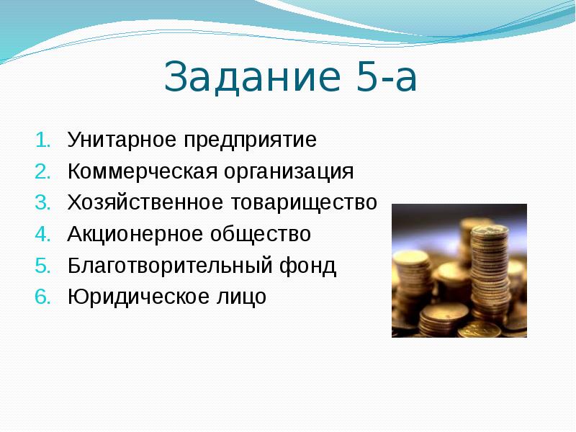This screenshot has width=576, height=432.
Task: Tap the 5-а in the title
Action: tap(387, 78)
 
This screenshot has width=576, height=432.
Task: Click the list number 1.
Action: tap(42, 140)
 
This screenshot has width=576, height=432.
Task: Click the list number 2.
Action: tap(42, 171)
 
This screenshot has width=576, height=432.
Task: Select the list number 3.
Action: tap(42, 203)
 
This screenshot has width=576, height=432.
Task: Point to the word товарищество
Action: tap(303, 203)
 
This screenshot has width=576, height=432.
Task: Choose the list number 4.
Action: tap(42, 234)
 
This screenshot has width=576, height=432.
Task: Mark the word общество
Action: tap(259, 235)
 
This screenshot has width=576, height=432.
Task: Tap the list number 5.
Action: tap(42, 266)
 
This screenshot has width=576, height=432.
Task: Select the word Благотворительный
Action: tap(167, 266)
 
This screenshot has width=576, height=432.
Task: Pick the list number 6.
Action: tap(42, 297)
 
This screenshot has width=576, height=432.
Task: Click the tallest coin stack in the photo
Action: tap(489, 274)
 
